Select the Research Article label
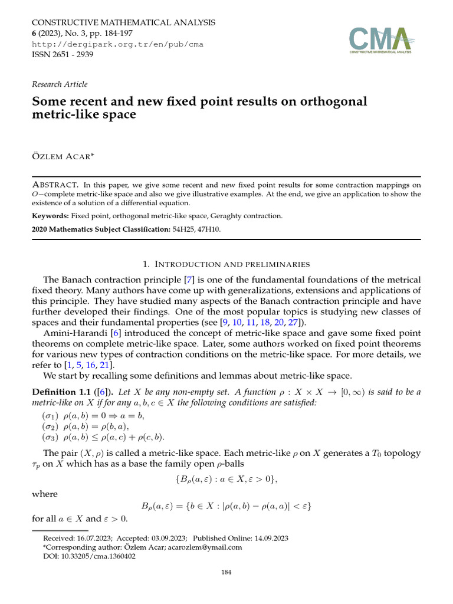[60, 84]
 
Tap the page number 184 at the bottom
[226, 572]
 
